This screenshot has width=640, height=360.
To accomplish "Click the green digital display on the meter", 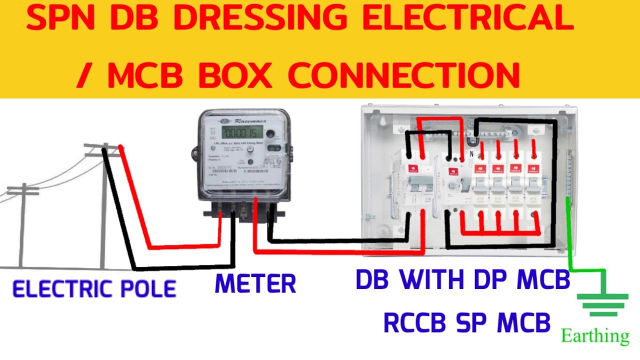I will coord(242,133).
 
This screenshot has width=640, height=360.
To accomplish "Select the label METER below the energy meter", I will coord(255,283).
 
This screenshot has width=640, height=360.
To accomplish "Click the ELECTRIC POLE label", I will coord(94,289).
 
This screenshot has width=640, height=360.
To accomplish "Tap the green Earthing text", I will coord(595,336).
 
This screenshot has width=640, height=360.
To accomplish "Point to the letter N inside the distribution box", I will coord(470,155).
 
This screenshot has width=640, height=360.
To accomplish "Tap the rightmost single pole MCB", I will coord(532,185).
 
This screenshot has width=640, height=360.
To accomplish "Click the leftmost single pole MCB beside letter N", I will coord(480,185).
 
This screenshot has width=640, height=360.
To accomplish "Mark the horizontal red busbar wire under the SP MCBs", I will coord(500,233).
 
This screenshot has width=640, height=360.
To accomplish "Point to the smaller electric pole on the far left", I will coord(22,225).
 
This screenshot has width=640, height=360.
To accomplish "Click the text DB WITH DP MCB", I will coord(463,280).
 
